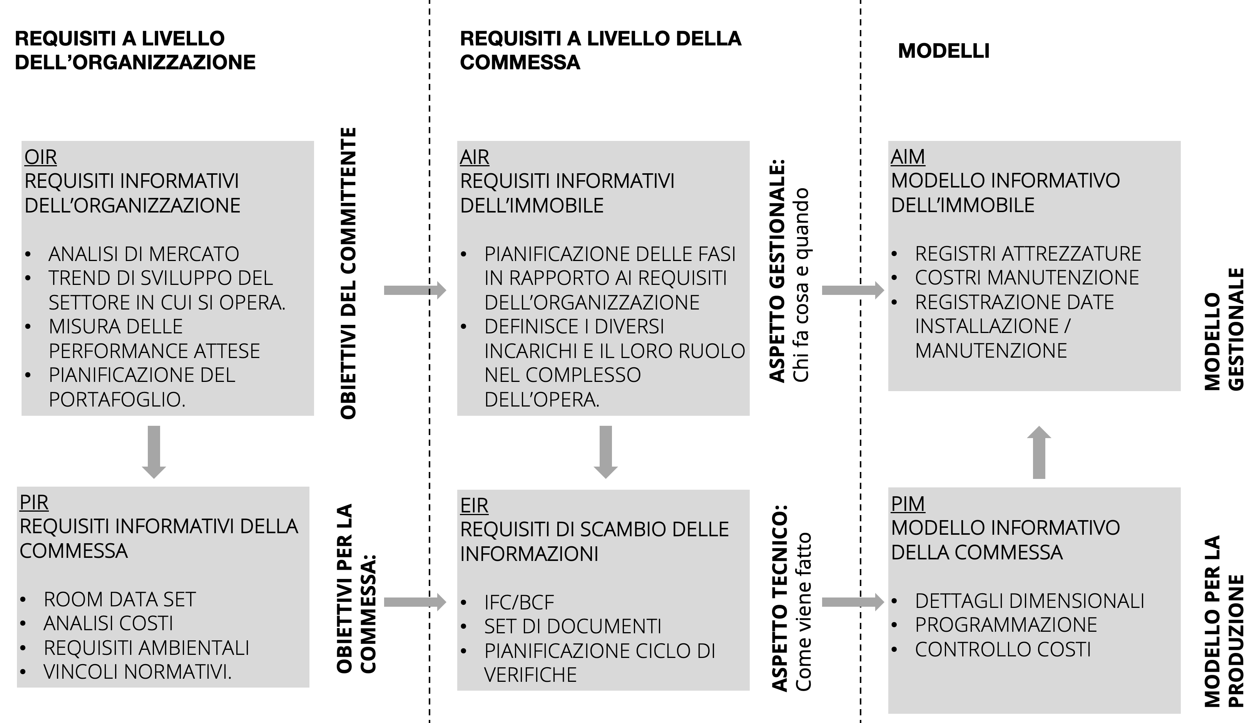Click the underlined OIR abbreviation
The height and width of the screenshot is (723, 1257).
tap(40, 157)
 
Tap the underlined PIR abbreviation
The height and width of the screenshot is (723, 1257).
tap(34, 502)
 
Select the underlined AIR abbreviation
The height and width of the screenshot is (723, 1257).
tap(474, 157)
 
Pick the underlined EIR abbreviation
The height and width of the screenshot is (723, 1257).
tap(474, 506)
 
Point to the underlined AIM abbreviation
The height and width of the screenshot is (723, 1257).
tap(908, 157)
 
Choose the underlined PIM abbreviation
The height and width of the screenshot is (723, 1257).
tap(908, 504)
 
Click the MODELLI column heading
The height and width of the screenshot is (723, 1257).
tap(943, 51)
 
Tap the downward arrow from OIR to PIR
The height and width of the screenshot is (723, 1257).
tap(154, 451)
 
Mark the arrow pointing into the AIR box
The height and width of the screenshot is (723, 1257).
tap(415, 290)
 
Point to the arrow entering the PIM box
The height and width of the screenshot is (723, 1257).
tap(852, 602)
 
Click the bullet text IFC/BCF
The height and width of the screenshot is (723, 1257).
tap(519, 602)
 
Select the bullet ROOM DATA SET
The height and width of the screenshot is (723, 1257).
tap(120, 599)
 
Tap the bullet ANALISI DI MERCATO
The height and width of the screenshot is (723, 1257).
tap(144, 254)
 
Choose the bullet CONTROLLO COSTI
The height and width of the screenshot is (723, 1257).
tap(1003, 649)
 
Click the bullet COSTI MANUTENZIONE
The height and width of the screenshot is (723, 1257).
tap(1026, 278)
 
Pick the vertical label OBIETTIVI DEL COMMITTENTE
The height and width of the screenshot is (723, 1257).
tap(349, 273)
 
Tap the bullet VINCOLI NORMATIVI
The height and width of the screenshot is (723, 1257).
tap(137, 672)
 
